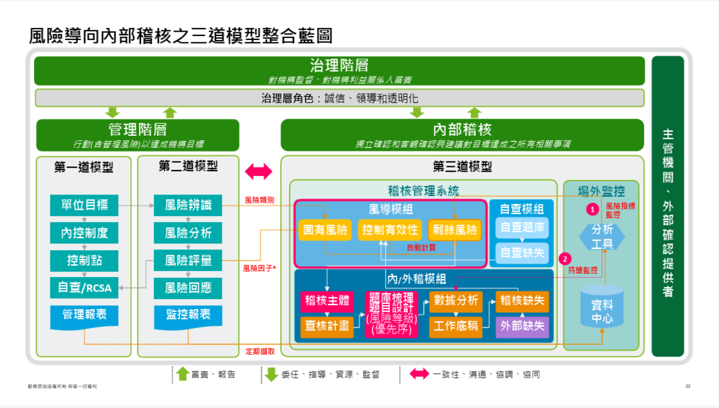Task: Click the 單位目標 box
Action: pyautogui.click(x=84, y=205)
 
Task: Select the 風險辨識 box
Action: pyautogui.click(x=188, y=205)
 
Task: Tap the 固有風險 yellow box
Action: pyautogui.click(x=325, y=230)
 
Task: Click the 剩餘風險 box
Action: pyautogui.click(x=455, y=230)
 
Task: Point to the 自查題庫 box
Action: pyautogui.click(x=522, y=228)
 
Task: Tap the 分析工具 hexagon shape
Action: pyautogui.click(x=602, y=237)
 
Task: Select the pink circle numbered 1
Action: pyautogui.click(x=592, y=209)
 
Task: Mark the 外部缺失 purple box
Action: pyautogui.click(x=522, y=326)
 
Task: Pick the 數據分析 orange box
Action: pyautogui.click(x=456, y=301)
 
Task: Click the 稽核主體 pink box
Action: pyautogui.click(x=327, y=301)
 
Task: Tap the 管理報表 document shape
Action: pyautogui.click(x=84, y=315)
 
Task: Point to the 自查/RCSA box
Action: pyautogui.click(x=84, y=288)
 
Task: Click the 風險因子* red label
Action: pyautogui.click(x=259, y=269)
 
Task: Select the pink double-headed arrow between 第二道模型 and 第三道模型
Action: pyautogui.click(x=258, y=172)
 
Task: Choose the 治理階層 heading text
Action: pyautogui.click(x=339, y=65)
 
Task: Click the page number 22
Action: pyautogui.click(x=688, y=386)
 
